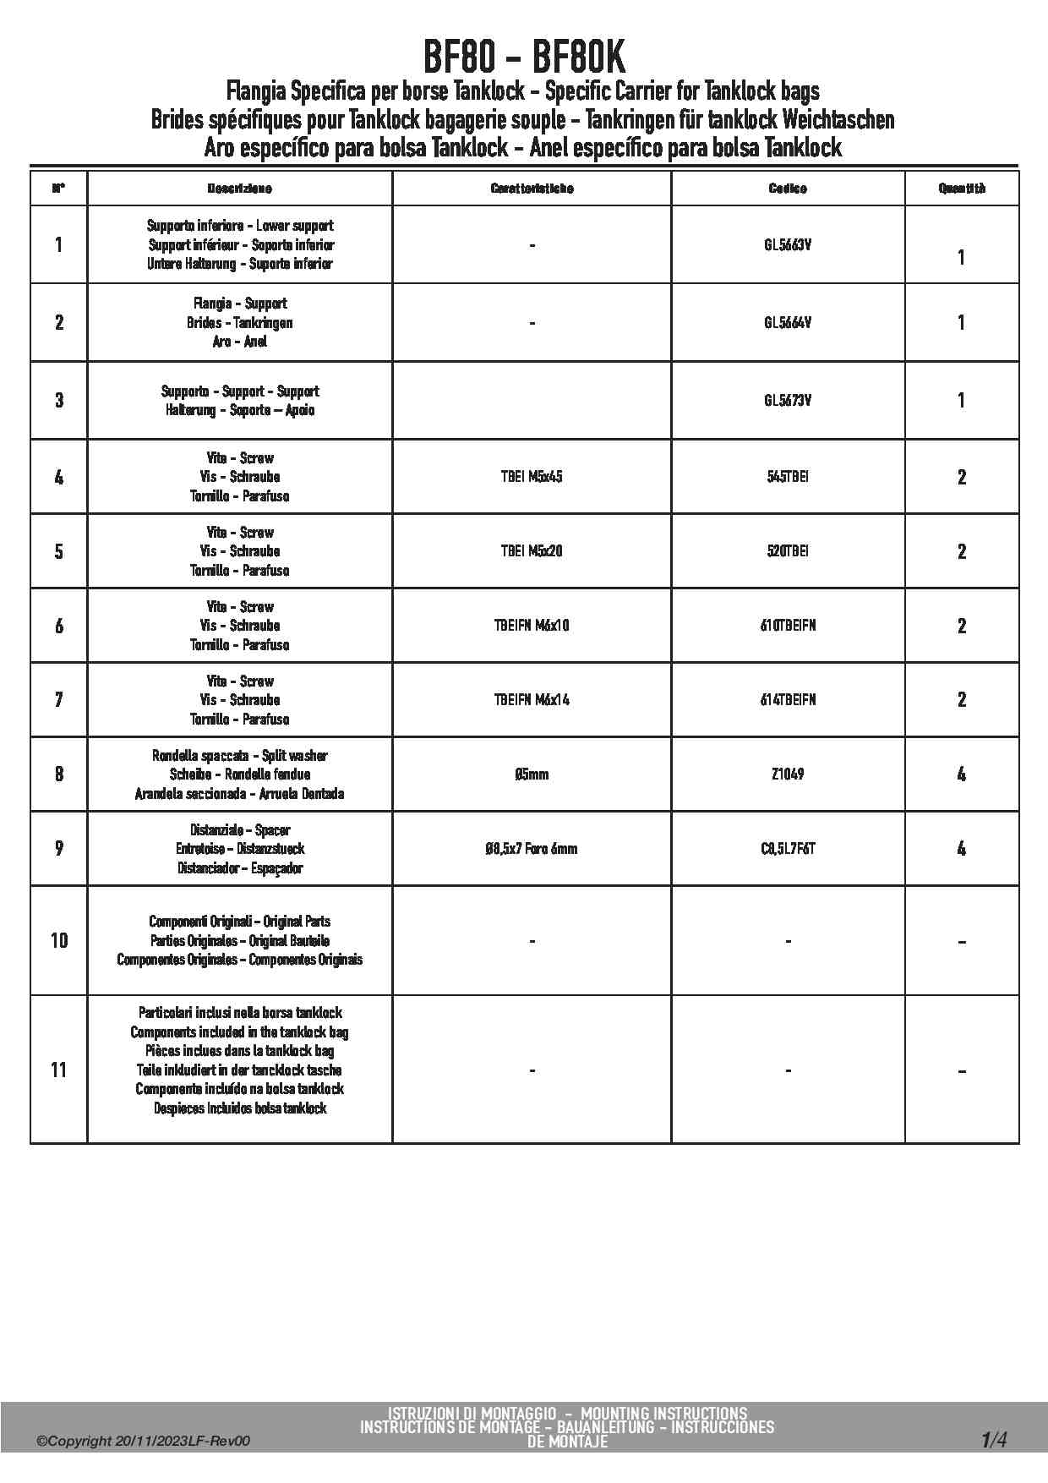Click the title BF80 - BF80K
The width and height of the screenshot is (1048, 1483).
[x=524, y=57]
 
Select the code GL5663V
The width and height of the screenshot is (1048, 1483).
[x=788, y=245]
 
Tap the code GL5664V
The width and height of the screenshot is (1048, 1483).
[x=788, y=322]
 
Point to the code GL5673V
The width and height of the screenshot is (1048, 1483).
[x=788, y=400]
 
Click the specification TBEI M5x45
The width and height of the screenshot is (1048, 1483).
[x=532, y=477]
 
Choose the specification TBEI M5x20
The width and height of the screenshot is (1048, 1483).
[x=532, y=551]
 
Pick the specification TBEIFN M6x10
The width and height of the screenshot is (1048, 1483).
[x=532, y=626]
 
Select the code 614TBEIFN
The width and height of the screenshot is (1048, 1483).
[x=788, y=700]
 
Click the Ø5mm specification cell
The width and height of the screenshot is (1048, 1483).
[x=532, y=774]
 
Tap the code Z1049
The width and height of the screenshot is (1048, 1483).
[x=788, y=774]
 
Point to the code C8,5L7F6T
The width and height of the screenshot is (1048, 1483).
[x=788, y=848]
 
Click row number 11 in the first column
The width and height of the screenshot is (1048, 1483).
[x=58, y=1070]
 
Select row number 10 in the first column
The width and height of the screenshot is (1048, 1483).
[x=58, y=940]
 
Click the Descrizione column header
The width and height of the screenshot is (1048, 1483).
[x=240, y=189]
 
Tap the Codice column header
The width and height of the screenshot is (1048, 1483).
[x=788, y=189]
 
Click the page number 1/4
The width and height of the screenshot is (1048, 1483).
[x=994, y=1439]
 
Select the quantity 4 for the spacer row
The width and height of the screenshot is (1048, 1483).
[x=962, y=848]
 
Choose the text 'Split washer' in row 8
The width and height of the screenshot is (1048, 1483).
[x=295, y=755]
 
